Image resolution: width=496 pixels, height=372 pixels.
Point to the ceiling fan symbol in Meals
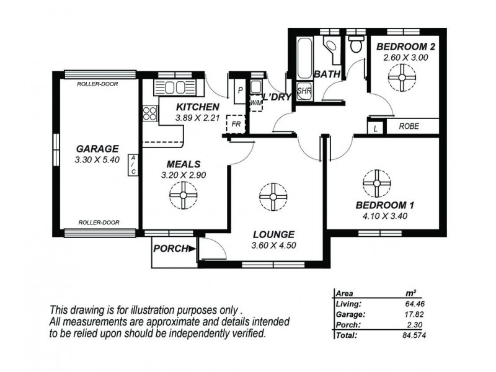pos(183,197)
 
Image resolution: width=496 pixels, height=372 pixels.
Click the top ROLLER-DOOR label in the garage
pos(98,84)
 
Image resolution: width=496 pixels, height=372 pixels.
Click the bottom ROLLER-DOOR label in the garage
pos(98,222)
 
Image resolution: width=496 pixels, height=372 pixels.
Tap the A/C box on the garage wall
pos(133,165)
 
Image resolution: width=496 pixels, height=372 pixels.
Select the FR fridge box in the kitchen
pos(236,123)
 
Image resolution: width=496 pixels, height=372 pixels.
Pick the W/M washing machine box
pos(255,102)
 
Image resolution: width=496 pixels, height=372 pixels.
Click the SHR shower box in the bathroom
pos(304,91)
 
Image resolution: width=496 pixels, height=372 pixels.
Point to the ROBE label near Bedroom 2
pos(409,126)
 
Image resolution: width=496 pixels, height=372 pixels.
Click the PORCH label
pos(171,249)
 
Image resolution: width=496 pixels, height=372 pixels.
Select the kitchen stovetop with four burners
pos(150,113)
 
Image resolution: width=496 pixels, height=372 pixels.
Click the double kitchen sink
pos(175,87)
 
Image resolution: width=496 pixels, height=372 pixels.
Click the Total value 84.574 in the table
pos(412,335)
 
